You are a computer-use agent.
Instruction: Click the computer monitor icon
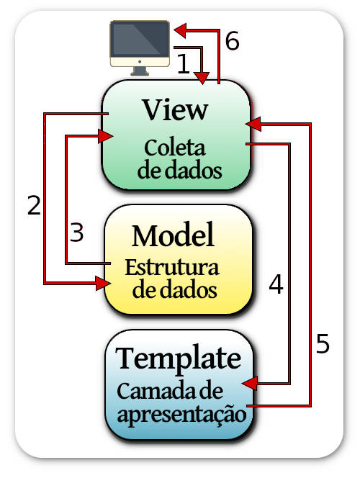tap(140, 48)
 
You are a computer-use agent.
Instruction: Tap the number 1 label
tap(184, 63)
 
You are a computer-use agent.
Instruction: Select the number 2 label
tap(34, 205)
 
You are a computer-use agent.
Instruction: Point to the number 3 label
tap(76, 233)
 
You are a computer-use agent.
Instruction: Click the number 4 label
tap(276, 284)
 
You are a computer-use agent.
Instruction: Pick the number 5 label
tap(323, 343)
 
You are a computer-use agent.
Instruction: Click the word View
tap(176, 109)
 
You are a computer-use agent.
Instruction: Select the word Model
tap(173, 235)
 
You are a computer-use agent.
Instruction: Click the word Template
tap(179, 359)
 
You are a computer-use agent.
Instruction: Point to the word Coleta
tap(175, 148)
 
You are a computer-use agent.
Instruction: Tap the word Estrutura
tap(172, 268)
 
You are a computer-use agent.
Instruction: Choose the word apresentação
tap(181, 415)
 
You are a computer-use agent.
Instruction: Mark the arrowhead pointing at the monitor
tap(180, 30)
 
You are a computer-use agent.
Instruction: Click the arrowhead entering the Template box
tap(251, 383)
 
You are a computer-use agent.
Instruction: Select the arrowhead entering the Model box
tap(103, 284)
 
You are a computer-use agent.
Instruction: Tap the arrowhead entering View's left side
tap(105, 136)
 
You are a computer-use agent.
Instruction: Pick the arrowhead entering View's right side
tap(253, 124)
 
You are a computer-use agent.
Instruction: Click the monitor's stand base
tap(140, 73)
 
